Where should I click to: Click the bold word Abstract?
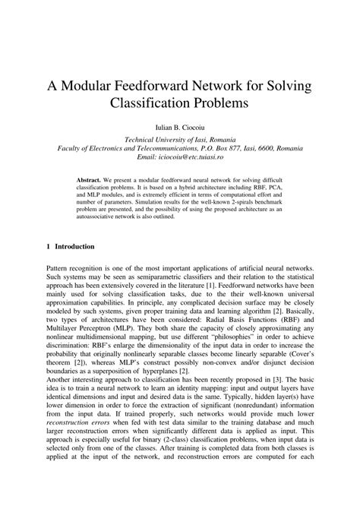(x=90, y=180)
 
